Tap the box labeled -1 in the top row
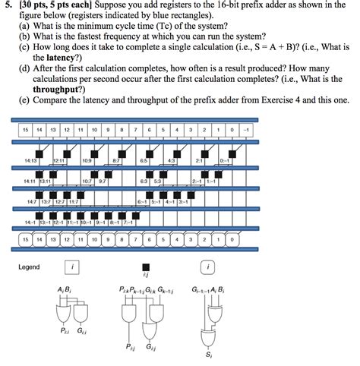[244, 131]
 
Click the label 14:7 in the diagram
[33, 202]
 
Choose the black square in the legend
[146, 267]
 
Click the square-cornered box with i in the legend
[71, 267]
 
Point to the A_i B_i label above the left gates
[65, 290]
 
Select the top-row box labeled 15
[26, 131]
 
